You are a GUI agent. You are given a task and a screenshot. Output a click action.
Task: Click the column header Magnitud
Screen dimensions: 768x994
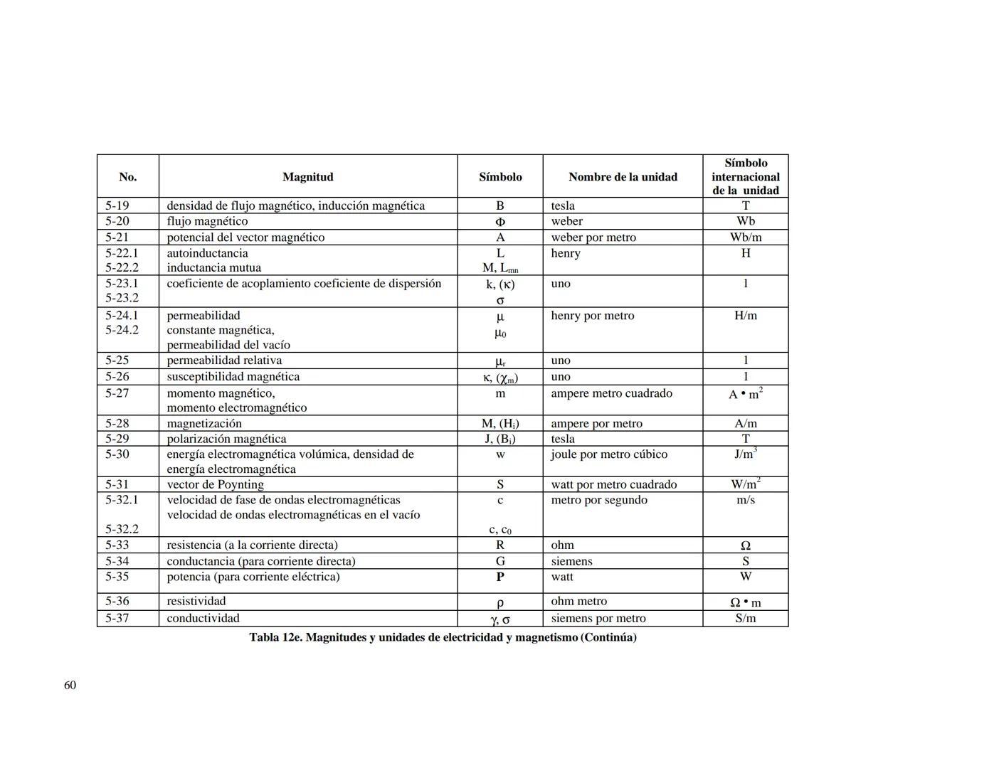307,177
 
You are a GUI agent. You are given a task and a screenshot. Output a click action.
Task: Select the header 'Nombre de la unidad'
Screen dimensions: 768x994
623,177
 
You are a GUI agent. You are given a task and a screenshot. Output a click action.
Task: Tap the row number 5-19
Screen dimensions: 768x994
117,206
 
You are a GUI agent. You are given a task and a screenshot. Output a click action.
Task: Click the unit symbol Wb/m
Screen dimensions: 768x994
745,238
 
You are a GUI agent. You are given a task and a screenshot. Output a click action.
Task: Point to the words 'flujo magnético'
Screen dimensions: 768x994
207,221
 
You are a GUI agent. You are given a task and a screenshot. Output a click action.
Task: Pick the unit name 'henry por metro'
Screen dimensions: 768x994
592,316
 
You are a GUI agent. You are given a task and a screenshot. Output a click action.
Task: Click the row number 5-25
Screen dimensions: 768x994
117,361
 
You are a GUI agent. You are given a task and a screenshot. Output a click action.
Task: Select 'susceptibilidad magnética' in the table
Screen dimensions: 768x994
233,377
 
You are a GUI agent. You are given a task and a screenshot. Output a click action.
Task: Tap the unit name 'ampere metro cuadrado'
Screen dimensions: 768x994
611,393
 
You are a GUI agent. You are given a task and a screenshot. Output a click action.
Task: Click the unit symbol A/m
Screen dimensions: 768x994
745,424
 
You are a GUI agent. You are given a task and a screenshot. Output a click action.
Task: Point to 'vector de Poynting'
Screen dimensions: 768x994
215,484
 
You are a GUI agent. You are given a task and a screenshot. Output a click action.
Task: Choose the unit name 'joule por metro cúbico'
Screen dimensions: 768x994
609,454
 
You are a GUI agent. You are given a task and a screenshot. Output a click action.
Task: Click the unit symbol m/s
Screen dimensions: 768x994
745,500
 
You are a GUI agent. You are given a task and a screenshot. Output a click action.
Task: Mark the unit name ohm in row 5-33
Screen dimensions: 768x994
562,545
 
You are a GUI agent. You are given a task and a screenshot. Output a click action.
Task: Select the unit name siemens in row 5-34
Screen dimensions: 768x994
571,561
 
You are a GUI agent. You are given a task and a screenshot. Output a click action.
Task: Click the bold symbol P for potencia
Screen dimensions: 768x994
500,577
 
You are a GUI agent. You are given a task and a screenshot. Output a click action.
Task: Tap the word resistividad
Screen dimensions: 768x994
196,601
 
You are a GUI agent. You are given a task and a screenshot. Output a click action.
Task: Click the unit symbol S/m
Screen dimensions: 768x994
745,618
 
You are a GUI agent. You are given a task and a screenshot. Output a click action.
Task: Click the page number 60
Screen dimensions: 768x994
70,685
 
